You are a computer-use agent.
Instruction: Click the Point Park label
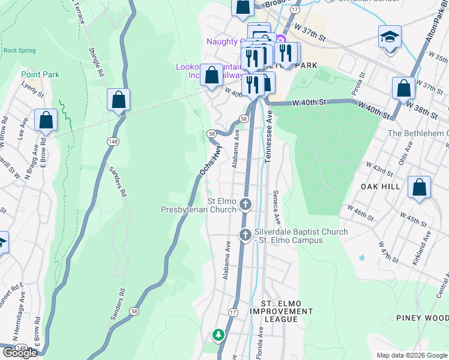coord(40,74)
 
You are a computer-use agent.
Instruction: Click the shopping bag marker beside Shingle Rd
coord(118,100)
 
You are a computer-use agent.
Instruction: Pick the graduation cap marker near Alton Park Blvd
coord(390,37)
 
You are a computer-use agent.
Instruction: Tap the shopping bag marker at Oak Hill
coord(419,187)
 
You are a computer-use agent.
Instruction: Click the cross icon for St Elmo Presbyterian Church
coord(246,205)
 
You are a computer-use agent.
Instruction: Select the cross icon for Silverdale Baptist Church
coord(245,235)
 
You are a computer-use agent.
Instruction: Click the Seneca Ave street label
coord(277,209)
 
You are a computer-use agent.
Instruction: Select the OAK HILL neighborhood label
coord(380,187)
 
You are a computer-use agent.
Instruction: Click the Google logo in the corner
coord(20,353)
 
